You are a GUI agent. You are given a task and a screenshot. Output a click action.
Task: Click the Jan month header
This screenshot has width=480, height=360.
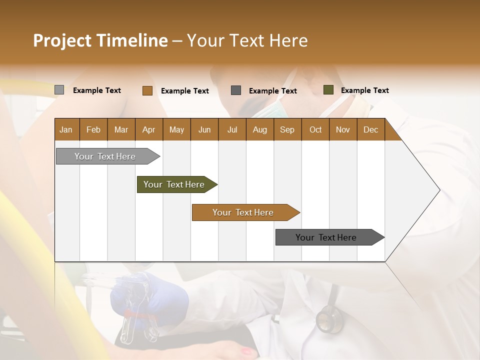(x=66, y=130)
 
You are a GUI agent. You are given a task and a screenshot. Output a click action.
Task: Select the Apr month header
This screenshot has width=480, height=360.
(x=148, y=130)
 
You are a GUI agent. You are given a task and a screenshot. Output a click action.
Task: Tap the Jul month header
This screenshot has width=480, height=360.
(x=232, y=130)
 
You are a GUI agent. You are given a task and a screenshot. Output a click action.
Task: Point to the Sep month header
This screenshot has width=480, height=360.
(x=287, y=130)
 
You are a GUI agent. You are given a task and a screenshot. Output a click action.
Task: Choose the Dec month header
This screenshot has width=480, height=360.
(x=370, y=130)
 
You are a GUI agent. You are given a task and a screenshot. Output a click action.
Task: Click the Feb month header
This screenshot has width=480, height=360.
(x=93, y=130)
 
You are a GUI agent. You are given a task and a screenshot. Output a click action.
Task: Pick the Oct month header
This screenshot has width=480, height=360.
(x=315, y=130)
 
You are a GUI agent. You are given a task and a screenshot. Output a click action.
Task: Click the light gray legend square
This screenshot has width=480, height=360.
(x=59, y=90)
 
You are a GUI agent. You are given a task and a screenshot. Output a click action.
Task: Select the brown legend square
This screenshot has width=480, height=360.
(x=147, y=90)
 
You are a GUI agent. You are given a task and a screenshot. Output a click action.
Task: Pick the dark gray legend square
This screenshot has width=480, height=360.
(x=236, y=90)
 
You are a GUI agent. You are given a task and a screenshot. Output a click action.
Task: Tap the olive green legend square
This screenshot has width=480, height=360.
(x=328, y=90)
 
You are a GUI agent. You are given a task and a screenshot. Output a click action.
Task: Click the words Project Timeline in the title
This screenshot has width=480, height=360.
(x=100, y=40)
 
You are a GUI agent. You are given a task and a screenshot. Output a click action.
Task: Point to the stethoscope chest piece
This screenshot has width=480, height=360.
(x=328, y=318)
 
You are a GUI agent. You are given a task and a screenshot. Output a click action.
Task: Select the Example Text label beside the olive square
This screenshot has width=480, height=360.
(x=364, y=90)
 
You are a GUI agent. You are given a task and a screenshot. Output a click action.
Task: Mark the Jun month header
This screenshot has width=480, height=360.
(x=204, y=130)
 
